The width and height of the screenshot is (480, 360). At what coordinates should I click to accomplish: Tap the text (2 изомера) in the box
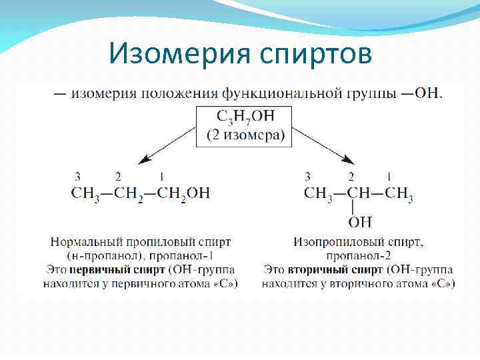(x=245, y=135)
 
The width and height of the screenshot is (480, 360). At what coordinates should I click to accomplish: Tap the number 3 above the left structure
(x=79, y=177)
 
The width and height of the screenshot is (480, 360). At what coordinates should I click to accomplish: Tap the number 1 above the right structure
(x=389, y=177)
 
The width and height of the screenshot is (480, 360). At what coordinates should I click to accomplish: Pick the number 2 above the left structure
(x=118, y=177)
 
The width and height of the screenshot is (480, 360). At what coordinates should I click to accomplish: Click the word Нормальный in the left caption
(x=83, y=242)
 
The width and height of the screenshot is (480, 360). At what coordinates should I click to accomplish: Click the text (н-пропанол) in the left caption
(x=101, y=256)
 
